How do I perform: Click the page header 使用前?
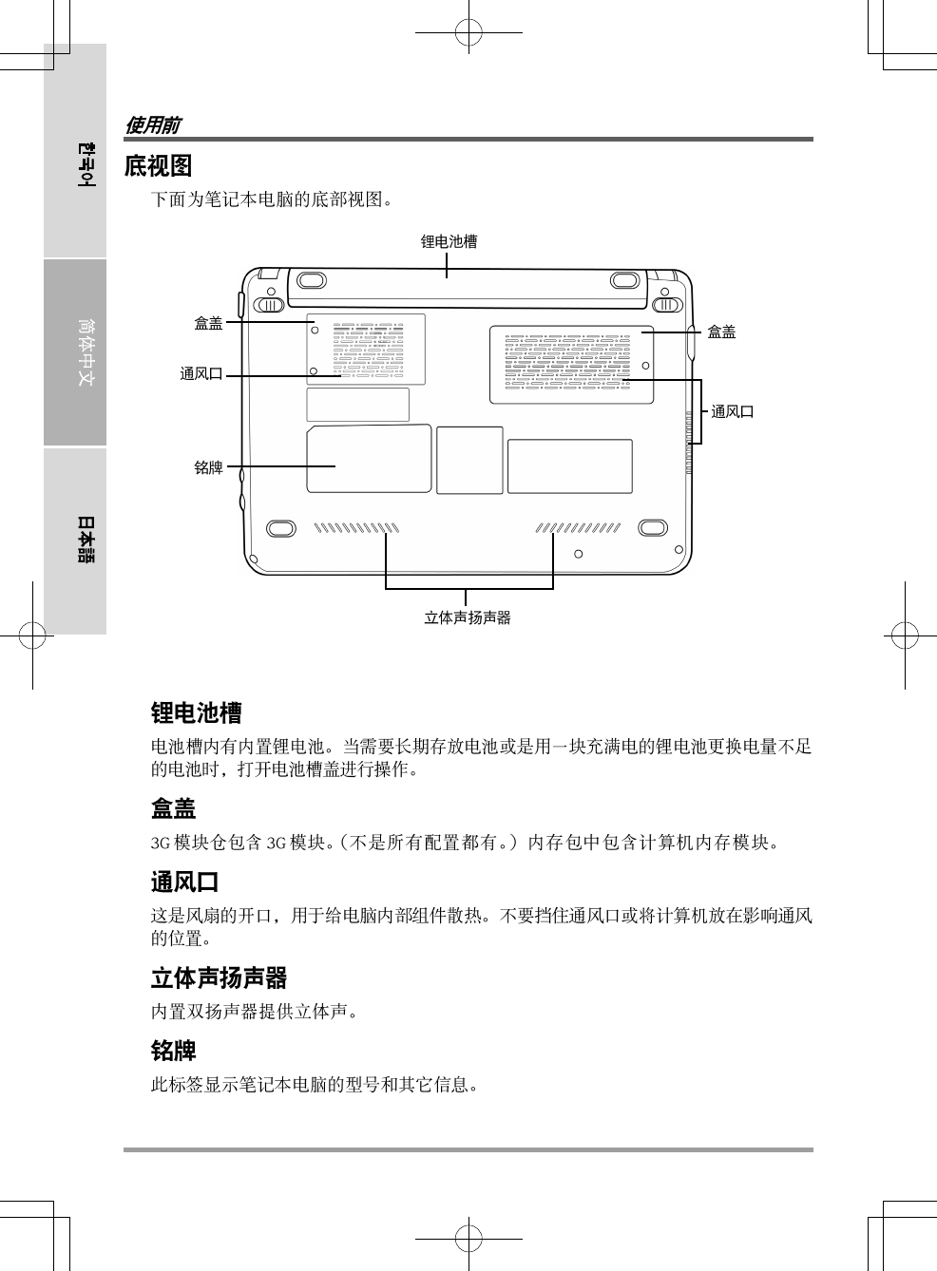tap(152, 125)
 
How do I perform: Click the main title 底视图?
tap(158, 166)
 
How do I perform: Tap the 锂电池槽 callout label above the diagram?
tap(449, 242)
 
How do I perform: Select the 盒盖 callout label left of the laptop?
tap(208, 324)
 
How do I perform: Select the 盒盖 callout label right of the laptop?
tap(721, 332)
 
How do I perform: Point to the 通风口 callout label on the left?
tap(201, 374)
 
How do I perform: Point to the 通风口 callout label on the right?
tap(733, 411)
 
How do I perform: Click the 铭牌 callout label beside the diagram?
tap(208, 467)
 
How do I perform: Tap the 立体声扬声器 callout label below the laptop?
tap(467, 617)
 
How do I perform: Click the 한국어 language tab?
tap(86, 163)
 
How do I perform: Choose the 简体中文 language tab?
tap(86, 351)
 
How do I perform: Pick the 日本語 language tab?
tap(86, 540)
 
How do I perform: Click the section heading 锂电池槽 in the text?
tap(196, 712)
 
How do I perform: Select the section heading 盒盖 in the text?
tap(173, 809)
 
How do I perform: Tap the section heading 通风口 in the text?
tap(184, 882)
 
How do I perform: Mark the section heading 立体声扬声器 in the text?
tap(219, 978)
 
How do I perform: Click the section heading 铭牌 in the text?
tap(173, 1052)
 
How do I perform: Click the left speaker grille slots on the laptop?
tap(356, 528)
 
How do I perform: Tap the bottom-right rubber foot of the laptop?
tap(653, 528)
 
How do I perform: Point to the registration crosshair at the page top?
tap(468, 33)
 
